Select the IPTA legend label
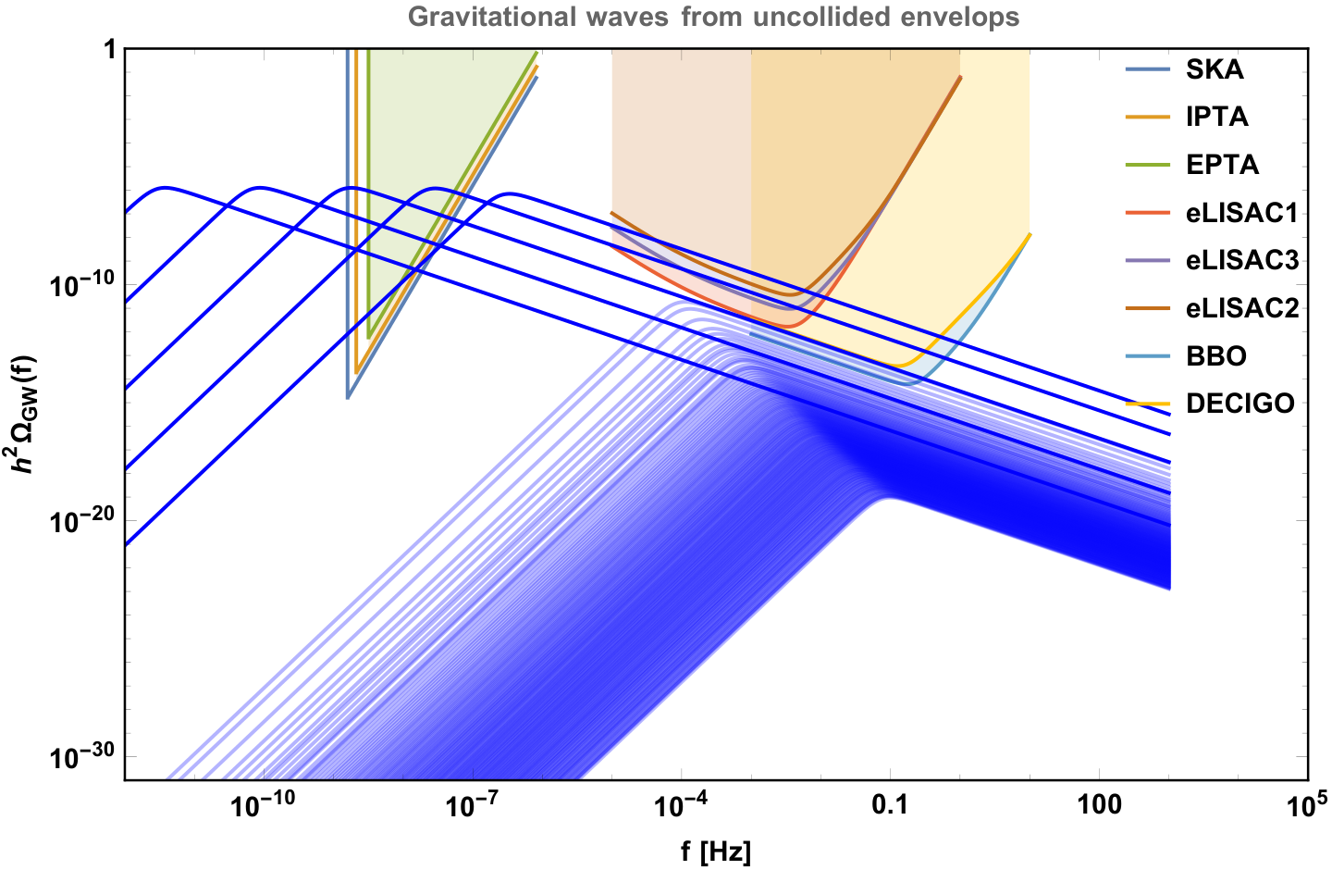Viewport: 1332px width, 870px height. (x=1216, y=117)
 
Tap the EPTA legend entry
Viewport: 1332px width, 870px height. (x=1222, y=164)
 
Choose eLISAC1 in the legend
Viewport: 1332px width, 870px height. (x=1241, y=213)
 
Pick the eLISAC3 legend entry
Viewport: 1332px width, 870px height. (x=1242, y=260)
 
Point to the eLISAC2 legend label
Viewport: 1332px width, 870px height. (x=1242, y=307)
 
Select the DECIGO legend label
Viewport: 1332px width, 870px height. (x=1240, y=404)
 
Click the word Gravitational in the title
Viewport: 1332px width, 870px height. (x=493, y=18)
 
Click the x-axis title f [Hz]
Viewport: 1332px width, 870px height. (x=716, y=851)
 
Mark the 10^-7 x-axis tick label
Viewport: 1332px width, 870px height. (x=471, y=803)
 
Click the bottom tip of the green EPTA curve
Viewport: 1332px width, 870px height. (x=369, y=338)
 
